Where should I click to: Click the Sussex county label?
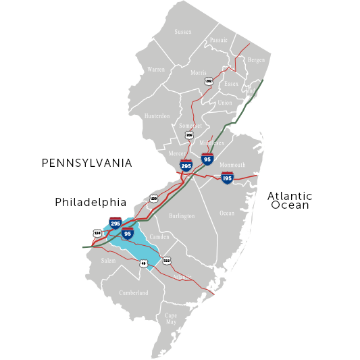click(183, 32)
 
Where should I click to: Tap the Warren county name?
click(155, 70)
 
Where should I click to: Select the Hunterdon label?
click(157, 116)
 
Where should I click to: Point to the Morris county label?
click(198, 72)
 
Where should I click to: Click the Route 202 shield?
click(209, 80)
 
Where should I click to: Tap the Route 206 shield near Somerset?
click(190, 135)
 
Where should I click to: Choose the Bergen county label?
click(257, 60)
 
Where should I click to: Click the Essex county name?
click(231, 84)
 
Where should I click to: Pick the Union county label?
click(225, 103)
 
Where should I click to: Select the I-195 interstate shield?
click(227, 178)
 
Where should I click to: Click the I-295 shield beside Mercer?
click(186, 164)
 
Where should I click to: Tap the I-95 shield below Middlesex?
click(208, 159)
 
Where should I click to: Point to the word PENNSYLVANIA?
click(86, 163)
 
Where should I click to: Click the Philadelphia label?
click(91, 202)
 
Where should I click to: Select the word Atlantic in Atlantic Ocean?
click(290, 196)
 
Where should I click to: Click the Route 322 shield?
click(167, 260)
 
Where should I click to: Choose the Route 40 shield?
click(144, 263)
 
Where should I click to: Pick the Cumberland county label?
click(134, 293)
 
